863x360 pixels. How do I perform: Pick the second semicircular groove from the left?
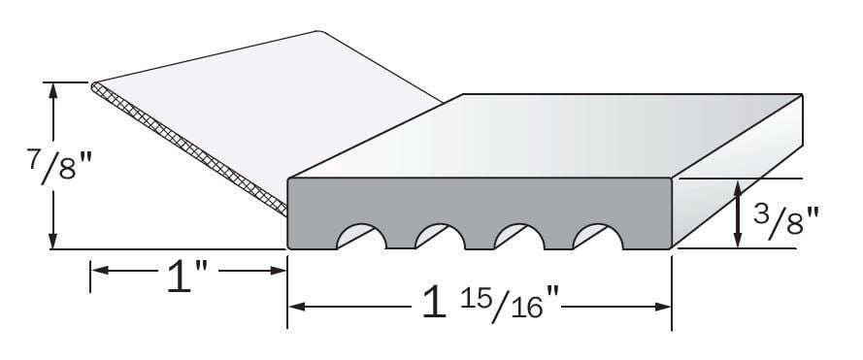[x=439, y=237]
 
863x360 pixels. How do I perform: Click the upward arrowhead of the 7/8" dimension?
[x=53, y=89]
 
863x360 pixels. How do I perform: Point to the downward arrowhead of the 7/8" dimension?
[x=53, y=242]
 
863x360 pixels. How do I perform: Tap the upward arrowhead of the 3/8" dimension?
[x=740, y=187]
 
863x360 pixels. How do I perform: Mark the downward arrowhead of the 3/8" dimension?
[x=740, y=242]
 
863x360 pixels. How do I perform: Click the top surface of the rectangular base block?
[x=544, y=136]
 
